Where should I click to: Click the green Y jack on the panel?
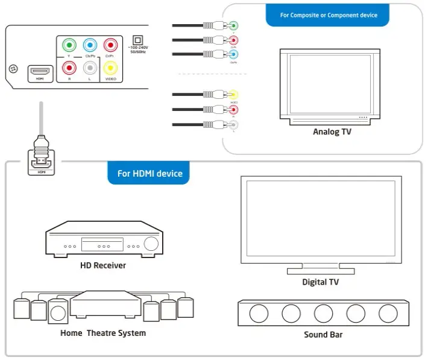[x=69, y=45]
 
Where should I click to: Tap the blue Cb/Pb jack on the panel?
[x=90, y=45]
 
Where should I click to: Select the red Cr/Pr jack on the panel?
[x=110, y=45]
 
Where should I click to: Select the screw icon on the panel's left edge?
[x=11, y=69]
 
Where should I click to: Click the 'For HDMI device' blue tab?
[x=149, y=174]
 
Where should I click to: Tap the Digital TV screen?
[x=321, y=219]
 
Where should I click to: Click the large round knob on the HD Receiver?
[x=151, y=244]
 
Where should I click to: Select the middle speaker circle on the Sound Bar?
[x=323, y=313]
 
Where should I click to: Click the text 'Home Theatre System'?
[x=103, y=333]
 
